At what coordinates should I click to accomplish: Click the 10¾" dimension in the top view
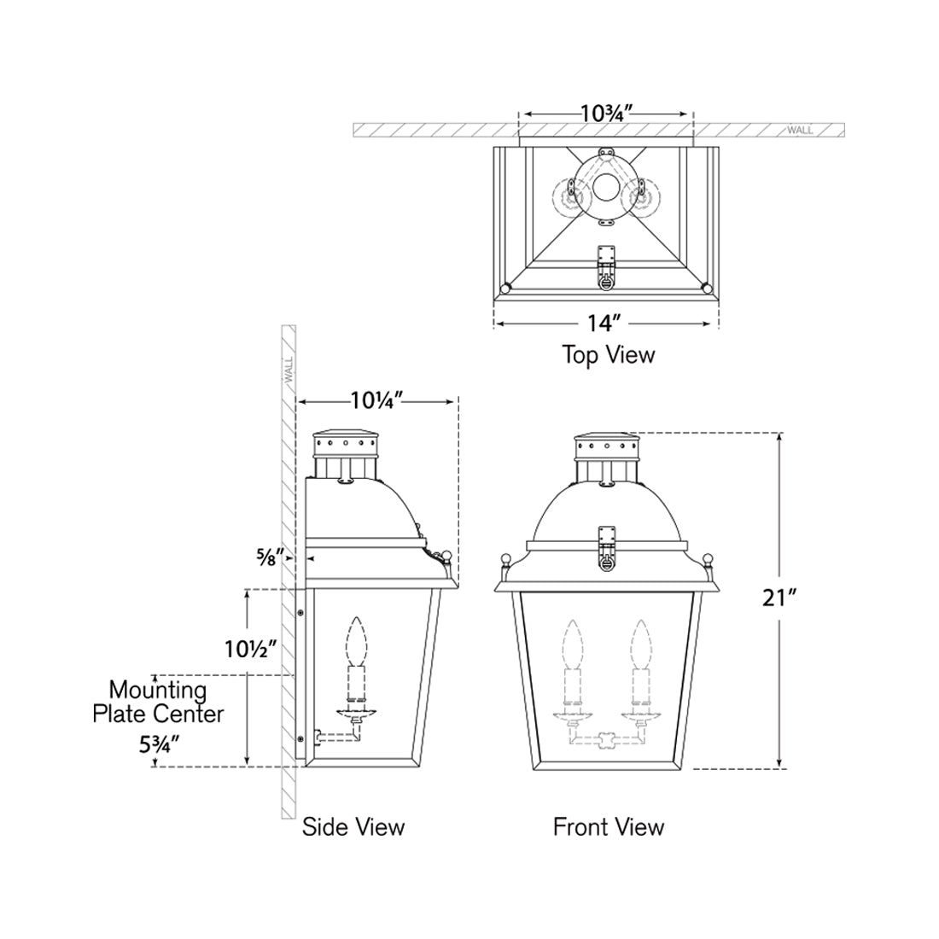[605, 113]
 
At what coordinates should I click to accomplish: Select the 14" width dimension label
[604, 324]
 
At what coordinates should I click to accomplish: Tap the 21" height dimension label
[779, 598]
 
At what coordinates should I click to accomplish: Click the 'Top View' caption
[608, 354]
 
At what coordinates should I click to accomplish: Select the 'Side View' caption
[353, 826]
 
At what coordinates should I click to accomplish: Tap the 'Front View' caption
[608, 826]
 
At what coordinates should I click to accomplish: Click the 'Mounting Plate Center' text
[158, 701]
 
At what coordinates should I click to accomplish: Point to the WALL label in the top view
[800, 131]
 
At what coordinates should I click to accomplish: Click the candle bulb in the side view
[355, 638]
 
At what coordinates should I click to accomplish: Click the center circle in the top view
[606, 188]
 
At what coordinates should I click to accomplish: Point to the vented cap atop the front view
[606, 446]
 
